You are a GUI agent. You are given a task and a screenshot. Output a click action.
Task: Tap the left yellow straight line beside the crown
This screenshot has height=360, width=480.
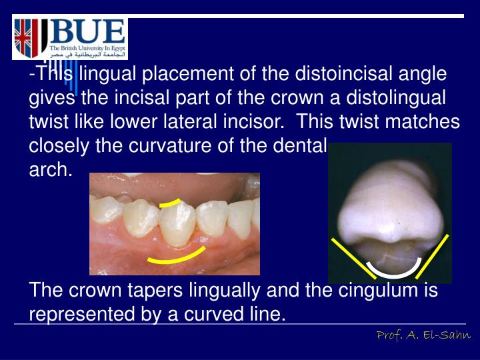tap(353, 257)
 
